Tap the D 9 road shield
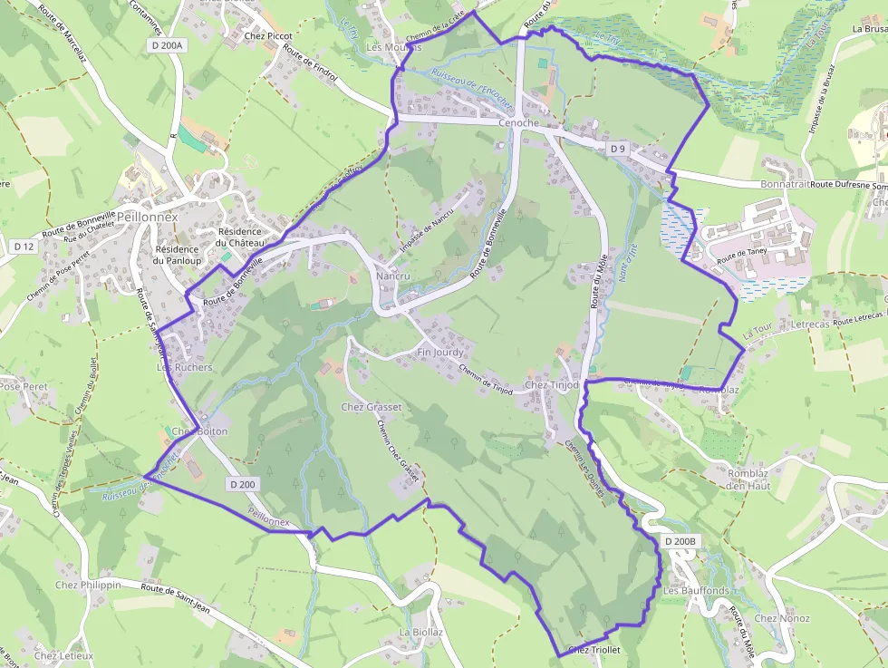(618, 148)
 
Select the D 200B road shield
(681, 542)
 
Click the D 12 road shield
(24, 246)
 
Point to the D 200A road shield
(166, 45)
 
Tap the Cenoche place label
(518, 123)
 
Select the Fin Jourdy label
(440, 352)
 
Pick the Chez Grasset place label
(371, 407)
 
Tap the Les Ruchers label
(184, 368)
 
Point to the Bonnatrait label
(784, 184)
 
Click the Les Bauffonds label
(696, 591)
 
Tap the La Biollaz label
(421, 632)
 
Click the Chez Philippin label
(87, 585)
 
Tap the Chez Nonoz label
(782, 618)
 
